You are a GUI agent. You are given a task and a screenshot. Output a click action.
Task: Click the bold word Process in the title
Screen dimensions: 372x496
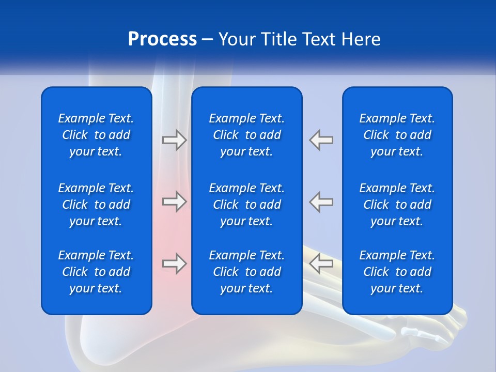[x=162, y=39]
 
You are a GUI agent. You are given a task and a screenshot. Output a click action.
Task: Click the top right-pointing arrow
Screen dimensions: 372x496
[x=175, y=140]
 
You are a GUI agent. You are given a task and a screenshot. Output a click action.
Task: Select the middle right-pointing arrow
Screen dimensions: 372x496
[x=175, y=202]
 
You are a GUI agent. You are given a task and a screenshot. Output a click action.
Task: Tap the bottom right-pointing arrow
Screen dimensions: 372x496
[x=175, y=263]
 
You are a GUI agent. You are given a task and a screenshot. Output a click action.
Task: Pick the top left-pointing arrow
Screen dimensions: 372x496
[x=321, y=140]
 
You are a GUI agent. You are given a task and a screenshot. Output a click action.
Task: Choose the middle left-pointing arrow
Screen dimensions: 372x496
[x=321, y=202]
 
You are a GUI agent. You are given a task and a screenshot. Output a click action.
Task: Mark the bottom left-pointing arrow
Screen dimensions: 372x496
[x=321, y=263]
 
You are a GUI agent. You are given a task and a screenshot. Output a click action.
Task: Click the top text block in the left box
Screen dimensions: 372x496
[x=96, y=135]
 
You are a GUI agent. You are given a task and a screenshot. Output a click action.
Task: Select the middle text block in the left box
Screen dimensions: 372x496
[x=96, y=205]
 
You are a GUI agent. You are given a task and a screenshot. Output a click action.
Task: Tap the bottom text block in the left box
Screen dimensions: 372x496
[x=96, y=272]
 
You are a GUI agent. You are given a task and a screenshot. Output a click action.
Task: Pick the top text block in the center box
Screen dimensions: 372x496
[x=246, y=135]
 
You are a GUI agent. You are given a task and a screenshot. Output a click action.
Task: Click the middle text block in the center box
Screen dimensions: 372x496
[x=246, y=205]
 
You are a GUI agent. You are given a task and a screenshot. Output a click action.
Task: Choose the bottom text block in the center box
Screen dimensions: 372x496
[x=246, y=272]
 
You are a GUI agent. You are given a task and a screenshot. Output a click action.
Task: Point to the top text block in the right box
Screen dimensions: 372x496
[x=397, y=135]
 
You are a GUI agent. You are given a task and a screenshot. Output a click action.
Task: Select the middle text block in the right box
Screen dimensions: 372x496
[x=397, y=205]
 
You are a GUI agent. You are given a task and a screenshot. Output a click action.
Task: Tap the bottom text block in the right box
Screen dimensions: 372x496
[x=397, y=272]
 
